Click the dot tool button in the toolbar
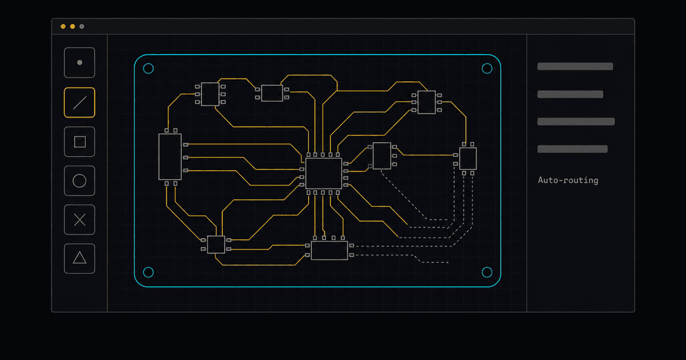click(79, 63)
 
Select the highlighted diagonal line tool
click(79, 103)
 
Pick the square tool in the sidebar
click(79, 142)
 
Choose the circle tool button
click(79, 181)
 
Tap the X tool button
click(79, 220)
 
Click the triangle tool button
click(79, 258)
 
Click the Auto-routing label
click(568, 180)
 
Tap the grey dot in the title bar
click(82, 27)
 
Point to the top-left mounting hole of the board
click(148, 69)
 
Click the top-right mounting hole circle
click(487, 69)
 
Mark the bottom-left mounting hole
click(148, 272)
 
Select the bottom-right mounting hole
click(487, 272)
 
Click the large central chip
click(324, 174)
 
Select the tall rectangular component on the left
click(170, 157)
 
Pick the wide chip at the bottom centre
click(330, 250)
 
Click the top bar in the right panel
click(575, 67)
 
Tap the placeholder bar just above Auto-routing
click(572, 149)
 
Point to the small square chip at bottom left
click(216, 244)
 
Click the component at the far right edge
click(467, 158)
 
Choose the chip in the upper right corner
click(427, 102)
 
